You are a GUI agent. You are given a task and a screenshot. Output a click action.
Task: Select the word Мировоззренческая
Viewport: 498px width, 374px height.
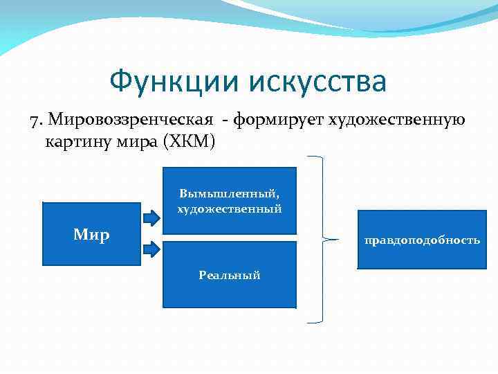[130, 121]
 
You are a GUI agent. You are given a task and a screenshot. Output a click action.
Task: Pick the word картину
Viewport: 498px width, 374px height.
[74, 143]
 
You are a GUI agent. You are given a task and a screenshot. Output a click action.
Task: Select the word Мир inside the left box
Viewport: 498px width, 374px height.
[91, 235]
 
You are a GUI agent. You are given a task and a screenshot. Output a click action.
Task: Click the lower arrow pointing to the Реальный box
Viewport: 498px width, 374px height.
[151, 247]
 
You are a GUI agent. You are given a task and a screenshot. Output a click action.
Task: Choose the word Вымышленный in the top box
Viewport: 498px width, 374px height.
[229, 194]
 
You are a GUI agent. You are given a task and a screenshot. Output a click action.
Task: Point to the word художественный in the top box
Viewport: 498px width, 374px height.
[229, 208]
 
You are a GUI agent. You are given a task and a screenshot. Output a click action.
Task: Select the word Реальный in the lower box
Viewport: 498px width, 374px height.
[229, 275]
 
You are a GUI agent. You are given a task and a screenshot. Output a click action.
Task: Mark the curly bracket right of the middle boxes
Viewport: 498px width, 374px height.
[326, 240]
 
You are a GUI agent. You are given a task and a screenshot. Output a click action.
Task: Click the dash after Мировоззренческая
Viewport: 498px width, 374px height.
[226, 121]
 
